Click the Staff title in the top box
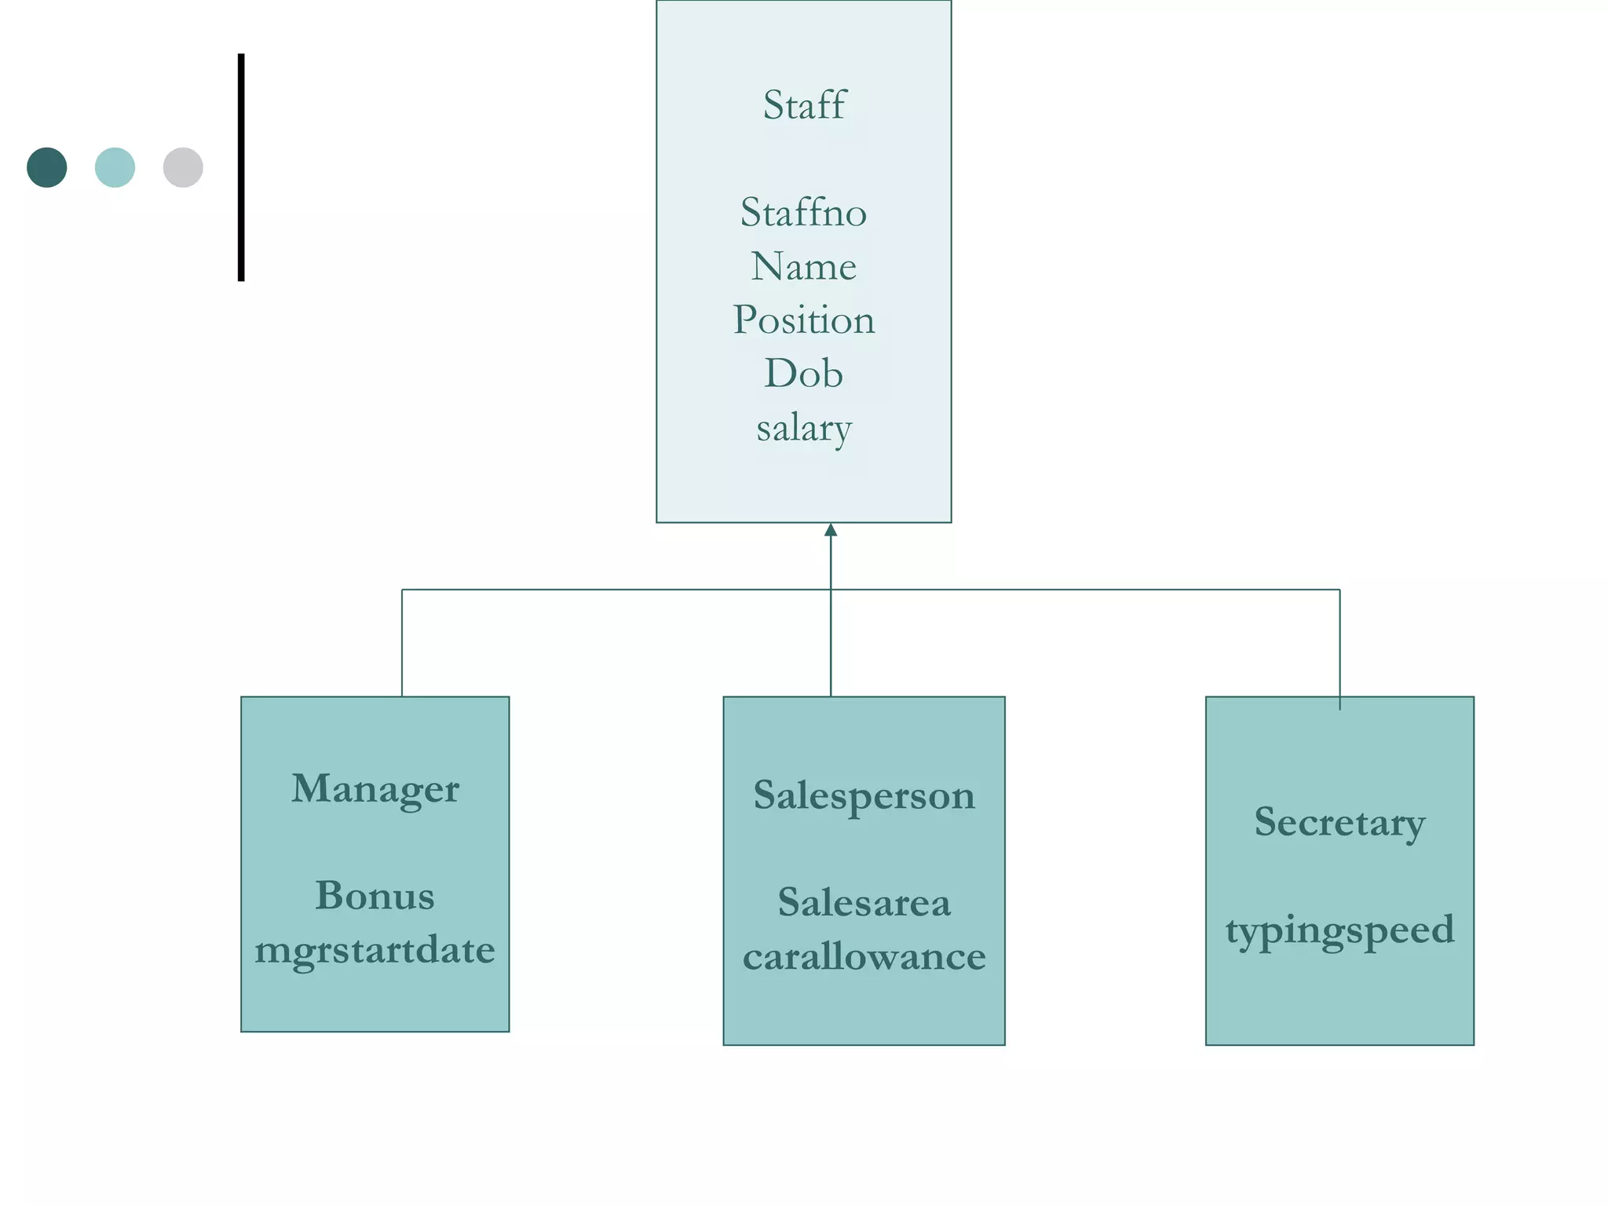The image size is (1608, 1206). [x=804, y=105]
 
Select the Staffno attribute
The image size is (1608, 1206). [x=803, y=213]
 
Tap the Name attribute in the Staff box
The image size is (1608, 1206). [x=803, y=266]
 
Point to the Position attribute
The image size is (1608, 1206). [x=803, y=320]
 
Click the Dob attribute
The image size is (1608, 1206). [x=803, y=374]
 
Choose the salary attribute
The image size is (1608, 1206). [x=803, y=428]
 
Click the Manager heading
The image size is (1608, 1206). [x=375, y=788]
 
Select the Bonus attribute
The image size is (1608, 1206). [x=375, y=896]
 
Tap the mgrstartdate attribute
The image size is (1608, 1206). [x=375, y=950]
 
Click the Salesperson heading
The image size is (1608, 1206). [x=864, y=795]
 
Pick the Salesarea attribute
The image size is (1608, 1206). [x=864, y=903]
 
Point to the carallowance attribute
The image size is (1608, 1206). [x=864, y=956]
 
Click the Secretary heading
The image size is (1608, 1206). [x=1339, y=822]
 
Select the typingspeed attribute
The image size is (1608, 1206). [x=1339, y=930]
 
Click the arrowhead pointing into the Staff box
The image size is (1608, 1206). [x=831, y=530]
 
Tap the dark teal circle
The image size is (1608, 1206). [x=47, y=167]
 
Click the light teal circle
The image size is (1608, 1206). [x=115, y=167]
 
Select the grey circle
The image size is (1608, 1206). [x=183, y=167]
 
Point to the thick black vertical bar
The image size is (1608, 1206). [x=241, y=167]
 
